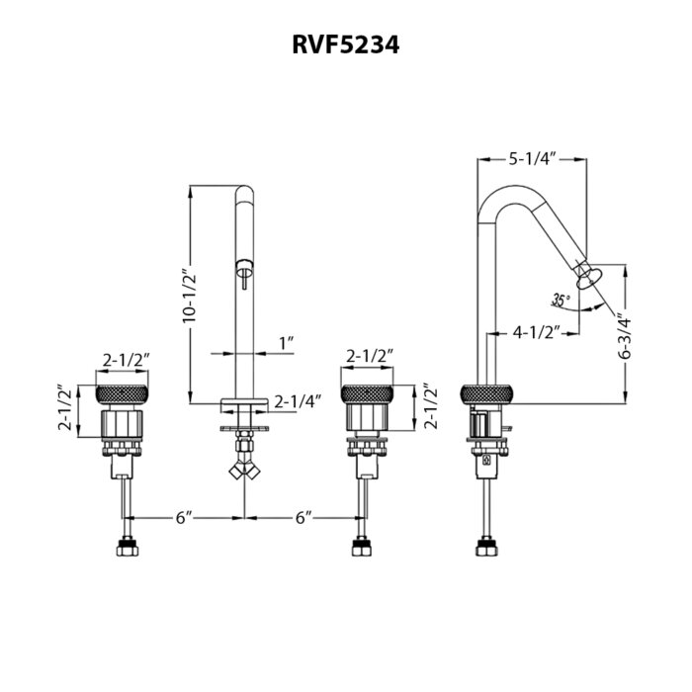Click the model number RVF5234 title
point(346,45)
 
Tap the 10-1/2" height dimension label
point(190,295)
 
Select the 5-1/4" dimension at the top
point(532,159)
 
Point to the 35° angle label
point(561,301)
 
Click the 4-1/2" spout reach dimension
point(536,332)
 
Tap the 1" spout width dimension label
point(287,343)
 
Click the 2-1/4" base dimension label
point(298,401)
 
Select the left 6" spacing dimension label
point(184,518)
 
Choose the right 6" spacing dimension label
point(303,518)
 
